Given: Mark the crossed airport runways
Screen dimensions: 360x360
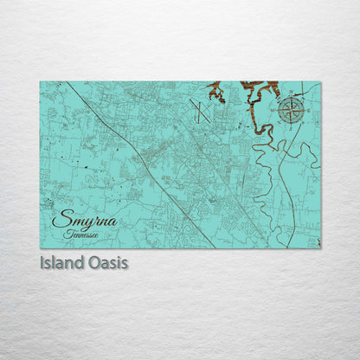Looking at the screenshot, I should (x=198, y=110).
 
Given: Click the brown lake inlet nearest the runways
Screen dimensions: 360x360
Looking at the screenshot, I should (x=215, y=92).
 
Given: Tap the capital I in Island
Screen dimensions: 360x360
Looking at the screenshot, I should (x=42, y=260).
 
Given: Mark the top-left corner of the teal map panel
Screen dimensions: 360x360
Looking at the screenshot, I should (x=41, y=82).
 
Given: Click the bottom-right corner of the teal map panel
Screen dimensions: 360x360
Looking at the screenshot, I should (x=319, y=247).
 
